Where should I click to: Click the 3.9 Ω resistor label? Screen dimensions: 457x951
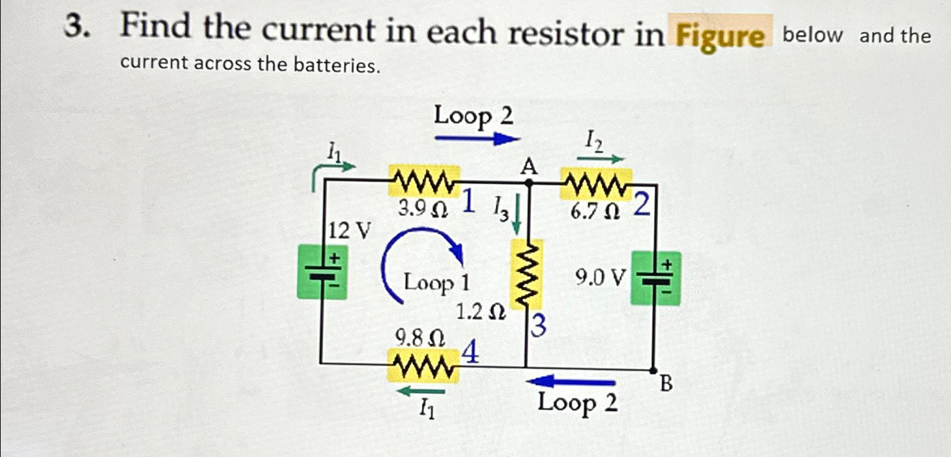(x=422, y=209)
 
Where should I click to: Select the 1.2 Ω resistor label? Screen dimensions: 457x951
(x=481, y=313)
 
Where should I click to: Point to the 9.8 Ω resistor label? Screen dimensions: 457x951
(x=421, y=338)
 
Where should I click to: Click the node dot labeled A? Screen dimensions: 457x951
(x=528, y=184)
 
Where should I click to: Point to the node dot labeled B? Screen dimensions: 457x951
(x=654, y=370)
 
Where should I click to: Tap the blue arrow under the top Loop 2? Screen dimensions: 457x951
(x=477, y=138)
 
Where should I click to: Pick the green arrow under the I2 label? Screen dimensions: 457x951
(x=600, y=157)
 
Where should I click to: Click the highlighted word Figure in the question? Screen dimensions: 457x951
(x=720, y=37)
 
